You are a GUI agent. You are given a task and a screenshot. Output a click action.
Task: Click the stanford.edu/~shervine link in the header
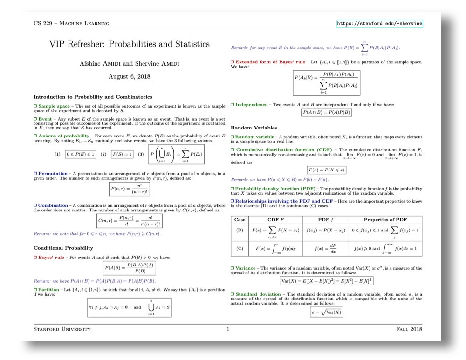click(x=379, y=23)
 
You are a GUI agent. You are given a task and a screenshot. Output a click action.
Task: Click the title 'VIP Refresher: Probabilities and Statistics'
click(x=129, y=44)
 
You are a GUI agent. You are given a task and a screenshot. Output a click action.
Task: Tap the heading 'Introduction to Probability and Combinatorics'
click(x=93, y=97)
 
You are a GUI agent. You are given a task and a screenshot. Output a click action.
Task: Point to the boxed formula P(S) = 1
click(x=122, y=154)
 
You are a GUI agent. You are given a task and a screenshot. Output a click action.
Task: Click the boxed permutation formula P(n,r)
click(x=129, y=189)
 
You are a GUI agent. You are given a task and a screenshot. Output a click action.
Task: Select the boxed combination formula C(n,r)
click(x=129, y=220)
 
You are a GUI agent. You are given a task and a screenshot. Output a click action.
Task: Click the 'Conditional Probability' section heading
click(x=63, y=248)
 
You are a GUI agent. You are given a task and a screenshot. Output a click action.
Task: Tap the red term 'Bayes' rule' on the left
click(x=51, y=257)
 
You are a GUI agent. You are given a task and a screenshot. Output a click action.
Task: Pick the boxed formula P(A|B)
click(x=129, y=268)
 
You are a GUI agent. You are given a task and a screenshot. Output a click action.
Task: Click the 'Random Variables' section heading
click(x=254, y=128)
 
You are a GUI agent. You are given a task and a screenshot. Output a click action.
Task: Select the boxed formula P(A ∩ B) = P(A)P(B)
click(x=326, y=112)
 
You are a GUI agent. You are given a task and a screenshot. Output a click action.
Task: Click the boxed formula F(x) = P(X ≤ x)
click(x=326, y=170)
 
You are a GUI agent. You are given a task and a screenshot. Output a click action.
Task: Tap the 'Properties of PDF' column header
click(x=385, y=219)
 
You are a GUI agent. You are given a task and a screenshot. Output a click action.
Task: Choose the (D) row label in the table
click(x=240, y=230)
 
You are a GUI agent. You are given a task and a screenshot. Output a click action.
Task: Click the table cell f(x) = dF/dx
click(x=326, y=248)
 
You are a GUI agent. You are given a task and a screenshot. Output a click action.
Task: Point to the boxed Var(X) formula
click(x=326, y=281)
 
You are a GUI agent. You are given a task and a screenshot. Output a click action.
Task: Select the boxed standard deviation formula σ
click(x=326, y=312)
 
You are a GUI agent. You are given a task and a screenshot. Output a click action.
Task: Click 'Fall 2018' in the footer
click(x=409, y=329)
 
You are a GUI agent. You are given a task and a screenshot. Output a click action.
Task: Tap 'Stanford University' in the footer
click(x=62, y=329)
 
